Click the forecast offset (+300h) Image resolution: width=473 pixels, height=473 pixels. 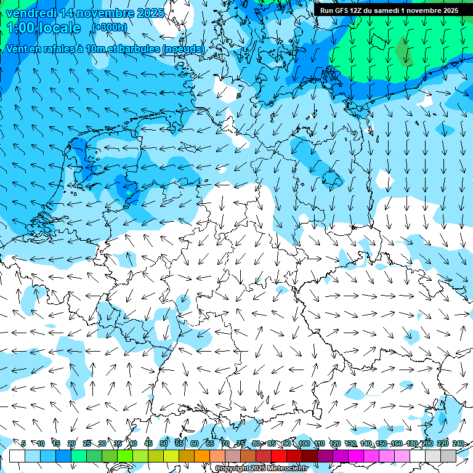(x=110, y=27)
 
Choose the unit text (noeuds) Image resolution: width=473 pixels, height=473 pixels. (x=182, y=49)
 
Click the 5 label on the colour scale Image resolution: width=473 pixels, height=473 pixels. (x=23, y=443)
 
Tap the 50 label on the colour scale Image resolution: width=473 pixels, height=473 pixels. (x=163, y=443)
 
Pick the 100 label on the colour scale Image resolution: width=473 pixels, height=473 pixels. (x=303, y=443)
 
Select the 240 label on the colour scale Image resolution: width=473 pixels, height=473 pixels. (x=458, y=443)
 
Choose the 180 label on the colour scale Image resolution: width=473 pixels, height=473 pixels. (x=411, y=443)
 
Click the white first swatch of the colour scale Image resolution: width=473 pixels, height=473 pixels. (x=17, y=456)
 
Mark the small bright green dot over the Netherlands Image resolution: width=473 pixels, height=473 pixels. (x=128, y=193)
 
